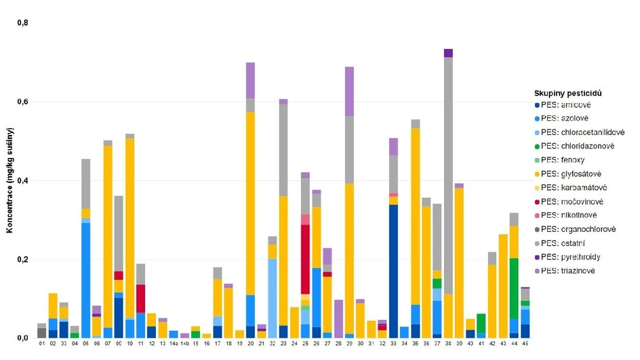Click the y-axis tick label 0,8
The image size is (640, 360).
(23, 22)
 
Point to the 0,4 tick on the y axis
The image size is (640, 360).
(23, 180)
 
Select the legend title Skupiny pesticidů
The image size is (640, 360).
(567, 92)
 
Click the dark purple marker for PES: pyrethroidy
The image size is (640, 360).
(537, 258)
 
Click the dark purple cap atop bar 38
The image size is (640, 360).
(448, 53)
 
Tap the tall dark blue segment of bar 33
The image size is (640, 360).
(393, 271)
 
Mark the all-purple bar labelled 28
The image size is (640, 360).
(338, 319)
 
